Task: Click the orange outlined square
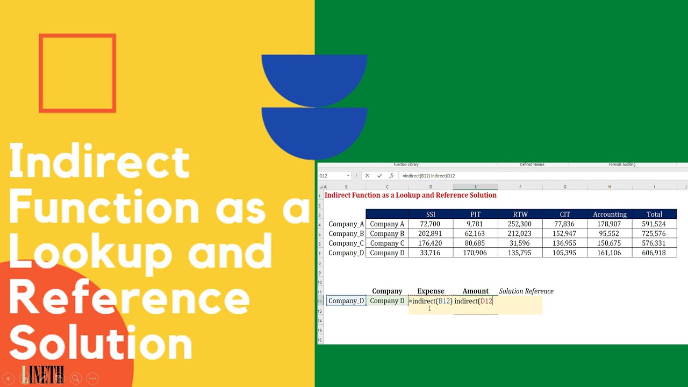(77, 74)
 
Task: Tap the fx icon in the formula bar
(392, 176)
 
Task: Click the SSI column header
(431, 214)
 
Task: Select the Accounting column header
(610, 214)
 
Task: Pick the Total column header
(654, 214)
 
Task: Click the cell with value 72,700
(430, 224)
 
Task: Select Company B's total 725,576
(654, 234)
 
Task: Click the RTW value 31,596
(520, 243)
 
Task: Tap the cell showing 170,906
(475, 253)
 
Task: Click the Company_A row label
(346, 224)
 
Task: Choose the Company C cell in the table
(387, 243)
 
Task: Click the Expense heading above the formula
(431, 291)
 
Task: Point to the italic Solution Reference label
(526, 291)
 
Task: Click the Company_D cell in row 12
(346, 301)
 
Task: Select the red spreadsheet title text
(410, 195)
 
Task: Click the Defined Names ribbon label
(532, 164)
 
